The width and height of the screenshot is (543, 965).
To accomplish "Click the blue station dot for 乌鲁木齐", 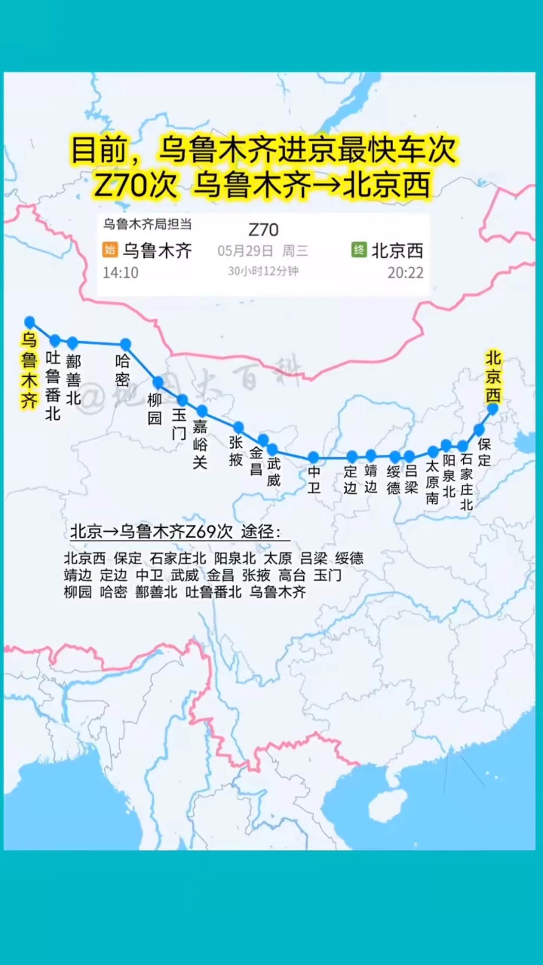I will point(30,322).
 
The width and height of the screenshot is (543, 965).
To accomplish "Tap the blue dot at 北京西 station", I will point(493,409).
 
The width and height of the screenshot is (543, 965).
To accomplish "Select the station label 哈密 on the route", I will point(122,370).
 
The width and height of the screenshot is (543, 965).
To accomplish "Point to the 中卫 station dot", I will point(313,457).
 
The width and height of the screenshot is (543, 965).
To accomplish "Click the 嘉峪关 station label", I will point(200,444).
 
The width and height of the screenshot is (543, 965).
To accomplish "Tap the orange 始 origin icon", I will point(110,249).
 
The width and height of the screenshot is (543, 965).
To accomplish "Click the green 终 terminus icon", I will point(359,249).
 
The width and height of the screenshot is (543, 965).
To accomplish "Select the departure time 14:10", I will point(120,273).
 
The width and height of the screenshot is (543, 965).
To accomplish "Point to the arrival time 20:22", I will point(405,273).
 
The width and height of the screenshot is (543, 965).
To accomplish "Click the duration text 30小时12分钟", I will point(263,271).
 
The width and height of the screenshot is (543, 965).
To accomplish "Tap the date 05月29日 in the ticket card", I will point(245,251).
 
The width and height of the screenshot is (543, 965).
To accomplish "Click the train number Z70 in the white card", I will point(263,230).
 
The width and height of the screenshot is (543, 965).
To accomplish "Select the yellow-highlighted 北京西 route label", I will point(493,377).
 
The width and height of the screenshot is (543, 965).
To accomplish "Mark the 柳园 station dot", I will point(158,382).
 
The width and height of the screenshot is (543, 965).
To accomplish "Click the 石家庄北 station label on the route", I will point(466,482).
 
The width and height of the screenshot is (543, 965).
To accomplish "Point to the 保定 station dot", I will point(479,430).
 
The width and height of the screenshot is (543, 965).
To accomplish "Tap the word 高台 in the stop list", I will point(292,575).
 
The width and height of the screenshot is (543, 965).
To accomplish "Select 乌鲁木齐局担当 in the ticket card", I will point(147,224).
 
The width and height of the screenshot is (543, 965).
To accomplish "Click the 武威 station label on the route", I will point(274,472).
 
